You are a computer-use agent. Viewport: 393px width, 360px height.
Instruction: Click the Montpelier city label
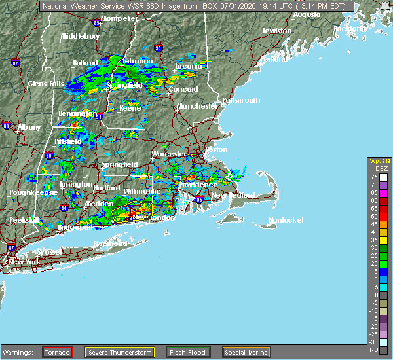(119, 19)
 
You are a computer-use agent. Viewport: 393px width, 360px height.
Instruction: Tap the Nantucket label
(286, 221)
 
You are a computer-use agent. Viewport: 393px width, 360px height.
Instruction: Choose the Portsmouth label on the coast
(241, 100)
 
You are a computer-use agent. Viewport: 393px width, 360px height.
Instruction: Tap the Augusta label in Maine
(307, 14)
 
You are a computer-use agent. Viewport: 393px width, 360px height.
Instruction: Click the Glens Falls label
(46, 84)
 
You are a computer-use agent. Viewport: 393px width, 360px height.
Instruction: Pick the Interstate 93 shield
(158, 48)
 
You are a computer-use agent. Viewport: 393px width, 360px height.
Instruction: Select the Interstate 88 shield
(7, 126)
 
